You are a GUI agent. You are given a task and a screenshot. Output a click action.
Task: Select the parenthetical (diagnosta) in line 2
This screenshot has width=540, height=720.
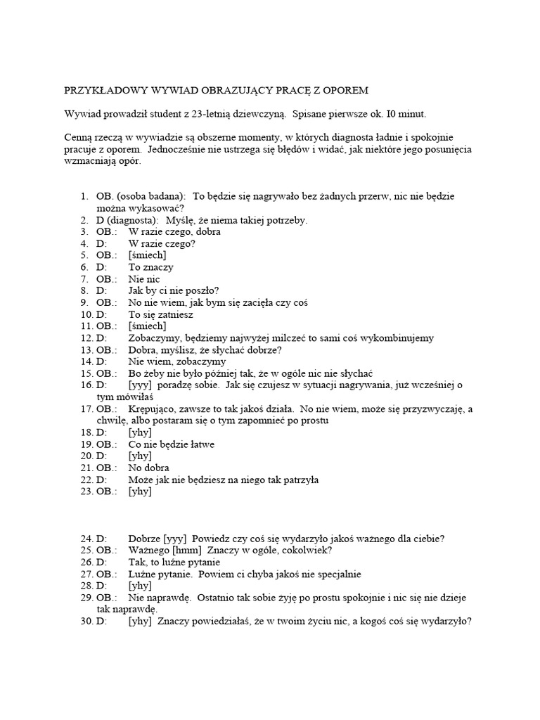coord(134,220)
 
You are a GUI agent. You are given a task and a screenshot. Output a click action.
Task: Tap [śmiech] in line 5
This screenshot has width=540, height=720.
coord(147,255)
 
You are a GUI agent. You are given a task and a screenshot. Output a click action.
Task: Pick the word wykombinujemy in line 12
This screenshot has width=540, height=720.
coord(401,338)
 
